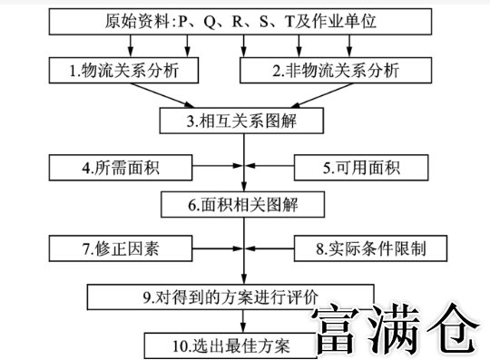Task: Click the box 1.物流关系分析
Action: click(121, 69)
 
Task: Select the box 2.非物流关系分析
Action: click(333, 69)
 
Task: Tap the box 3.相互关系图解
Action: click(243, 119)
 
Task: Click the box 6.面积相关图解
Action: click(243, 205)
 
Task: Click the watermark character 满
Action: click(400, 329)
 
